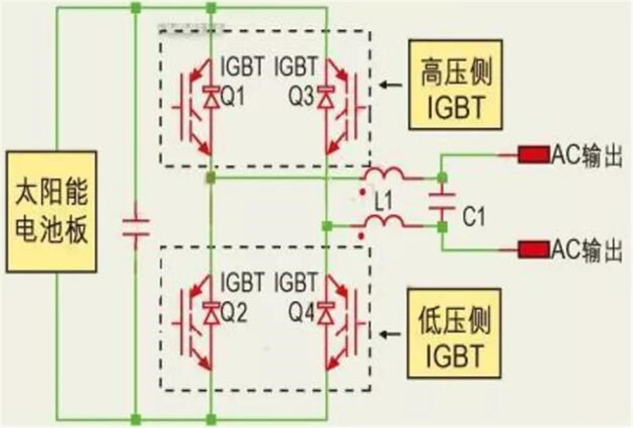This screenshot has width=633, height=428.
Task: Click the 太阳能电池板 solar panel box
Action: coord(51,210)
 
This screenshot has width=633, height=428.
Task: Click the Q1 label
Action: coord(233,98)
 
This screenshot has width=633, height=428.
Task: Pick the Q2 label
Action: coord(233,314)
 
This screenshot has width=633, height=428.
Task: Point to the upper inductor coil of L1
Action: coord(383,174)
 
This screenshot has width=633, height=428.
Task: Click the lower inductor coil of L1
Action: coord(383,222)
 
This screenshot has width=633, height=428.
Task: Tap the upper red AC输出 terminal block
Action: coord(533,155)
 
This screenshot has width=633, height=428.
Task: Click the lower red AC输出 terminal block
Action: coord(533,248)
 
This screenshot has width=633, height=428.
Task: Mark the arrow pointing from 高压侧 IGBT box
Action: coord(391,86)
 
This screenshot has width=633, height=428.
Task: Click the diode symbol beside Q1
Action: coord(210,98)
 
